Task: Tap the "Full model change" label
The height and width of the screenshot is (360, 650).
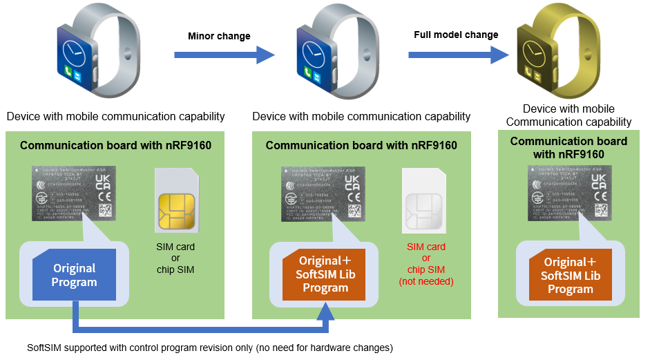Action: (x=456, y=35)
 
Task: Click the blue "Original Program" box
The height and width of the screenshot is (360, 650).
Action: (x=74, y=275)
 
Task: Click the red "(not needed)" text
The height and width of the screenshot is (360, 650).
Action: (x=426, y=281)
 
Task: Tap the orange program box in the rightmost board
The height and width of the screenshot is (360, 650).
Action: (x=570, y=276)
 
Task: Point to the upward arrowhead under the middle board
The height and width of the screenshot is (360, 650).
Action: (x=325, y=308)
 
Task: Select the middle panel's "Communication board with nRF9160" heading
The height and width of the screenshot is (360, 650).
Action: (x=361, y=145)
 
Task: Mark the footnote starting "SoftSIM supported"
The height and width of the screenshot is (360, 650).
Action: (x=209, y=346)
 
